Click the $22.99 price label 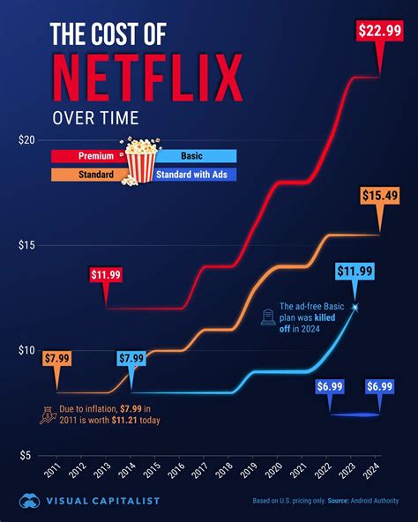pos(379,31)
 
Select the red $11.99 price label pos(106,275)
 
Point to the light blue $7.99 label pos(131,358)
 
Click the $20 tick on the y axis pos(26,140)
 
